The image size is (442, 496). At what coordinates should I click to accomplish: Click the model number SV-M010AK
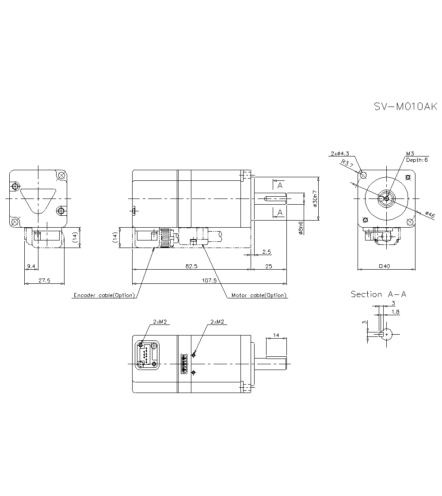pos(405,107)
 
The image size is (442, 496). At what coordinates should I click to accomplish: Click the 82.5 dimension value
pos(191,266)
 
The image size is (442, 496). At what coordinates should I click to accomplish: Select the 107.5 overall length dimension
pos(210,280)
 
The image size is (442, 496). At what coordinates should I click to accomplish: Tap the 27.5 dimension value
pos(44,280)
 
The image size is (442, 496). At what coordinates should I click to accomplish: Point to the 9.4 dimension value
pos(31,266)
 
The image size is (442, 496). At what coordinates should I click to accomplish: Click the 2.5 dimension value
pos(267,252)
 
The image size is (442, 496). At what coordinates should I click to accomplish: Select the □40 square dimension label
pos(387,266)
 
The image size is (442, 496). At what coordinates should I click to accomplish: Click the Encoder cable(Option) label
pos(103,295)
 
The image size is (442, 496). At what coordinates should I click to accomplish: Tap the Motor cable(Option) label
pos(259,295)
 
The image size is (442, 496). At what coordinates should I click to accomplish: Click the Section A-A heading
pos(378,294)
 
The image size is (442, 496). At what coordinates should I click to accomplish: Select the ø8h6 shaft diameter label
pos(301,228)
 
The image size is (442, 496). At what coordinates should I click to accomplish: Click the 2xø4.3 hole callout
pos(339,153)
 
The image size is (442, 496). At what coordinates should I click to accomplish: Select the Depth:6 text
pos(417,160)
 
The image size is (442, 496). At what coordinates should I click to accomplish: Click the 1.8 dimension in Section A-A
pos(396,312)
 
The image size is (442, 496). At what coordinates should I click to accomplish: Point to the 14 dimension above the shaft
pos(276,336)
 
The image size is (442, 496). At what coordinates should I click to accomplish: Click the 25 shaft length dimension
pos(268,266)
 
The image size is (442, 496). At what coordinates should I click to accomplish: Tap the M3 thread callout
pos(410,153)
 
